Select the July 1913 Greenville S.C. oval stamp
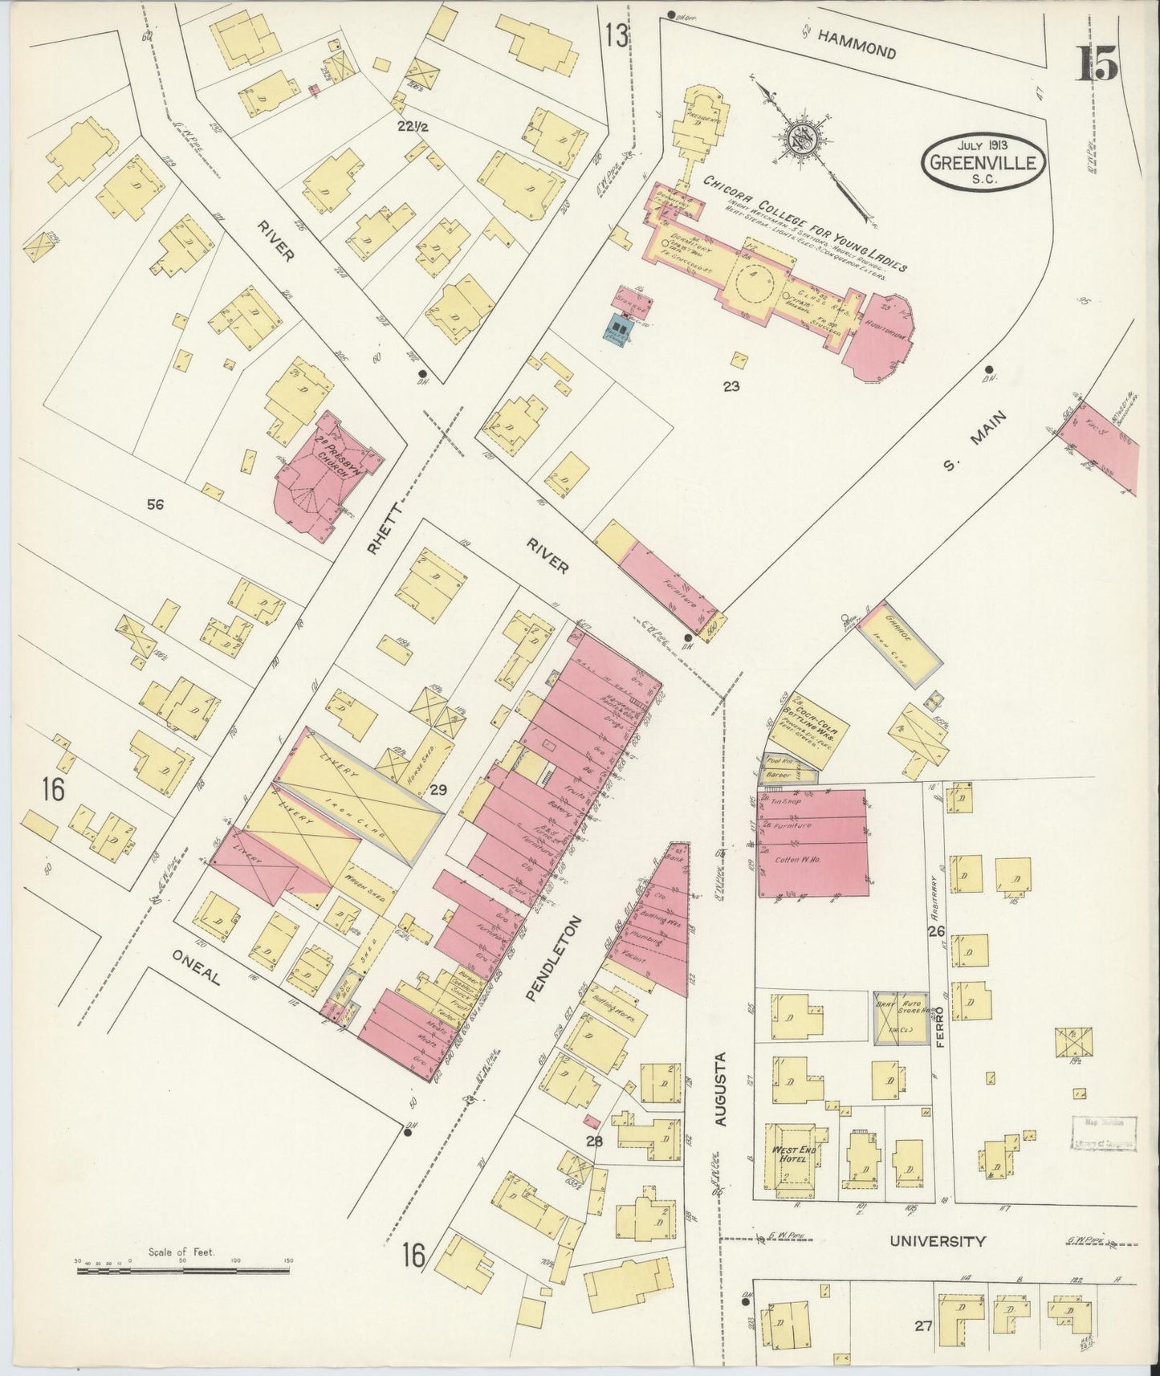tap(984, 161)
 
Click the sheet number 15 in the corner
tap(1096, 63)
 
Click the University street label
tap(937, 1241)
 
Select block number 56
tap(156, 504)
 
